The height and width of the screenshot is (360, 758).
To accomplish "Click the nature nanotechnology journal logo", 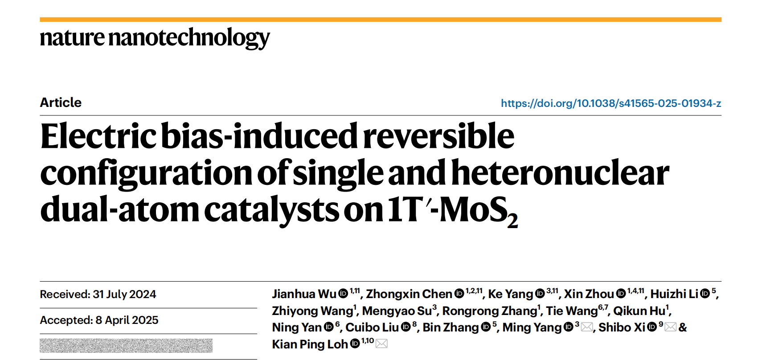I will (155, 37).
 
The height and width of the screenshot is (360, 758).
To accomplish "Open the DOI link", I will (610, 103).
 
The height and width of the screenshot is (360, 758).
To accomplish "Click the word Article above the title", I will (61, 102).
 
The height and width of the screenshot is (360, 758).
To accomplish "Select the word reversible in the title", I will (438, 136).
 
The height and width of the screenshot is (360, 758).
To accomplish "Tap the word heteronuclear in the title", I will (560, 173).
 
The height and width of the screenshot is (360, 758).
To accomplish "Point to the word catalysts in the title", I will (271, 209).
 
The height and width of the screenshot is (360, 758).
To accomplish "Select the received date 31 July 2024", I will (124, 295).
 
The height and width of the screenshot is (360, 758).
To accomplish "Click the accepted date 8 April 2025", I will (127, 320).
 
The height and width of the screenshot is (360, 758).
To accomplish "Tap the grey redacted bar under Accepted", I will (126, 346).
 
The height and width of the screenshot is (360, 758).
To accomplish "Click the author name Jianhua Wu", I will (304, 294).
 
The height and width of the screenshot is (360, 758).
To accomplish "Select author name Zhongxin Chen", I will (409, 294).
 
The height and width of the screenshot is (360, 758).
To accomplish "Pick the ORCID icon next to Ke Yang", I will (540, 294).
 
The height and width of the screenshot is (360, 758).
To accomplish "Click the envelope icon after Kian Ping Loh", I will (381, 344).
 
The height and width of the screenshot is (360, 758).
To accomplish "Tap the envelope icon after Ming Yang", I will (587, 327).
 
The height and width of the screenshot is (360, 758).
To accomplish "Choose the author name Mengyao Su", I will (397, 311).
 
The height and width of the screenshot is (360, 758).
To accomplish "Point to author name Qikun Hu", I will (639, 311).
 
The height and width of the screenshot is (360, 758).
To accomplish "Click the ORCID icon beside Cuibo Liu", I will (406, 327).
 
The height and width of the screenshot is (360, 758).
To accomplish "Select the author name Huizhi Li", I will (674, 294).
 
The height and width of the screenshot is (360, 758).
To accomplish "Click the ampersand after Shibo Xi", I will (683, 327).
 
